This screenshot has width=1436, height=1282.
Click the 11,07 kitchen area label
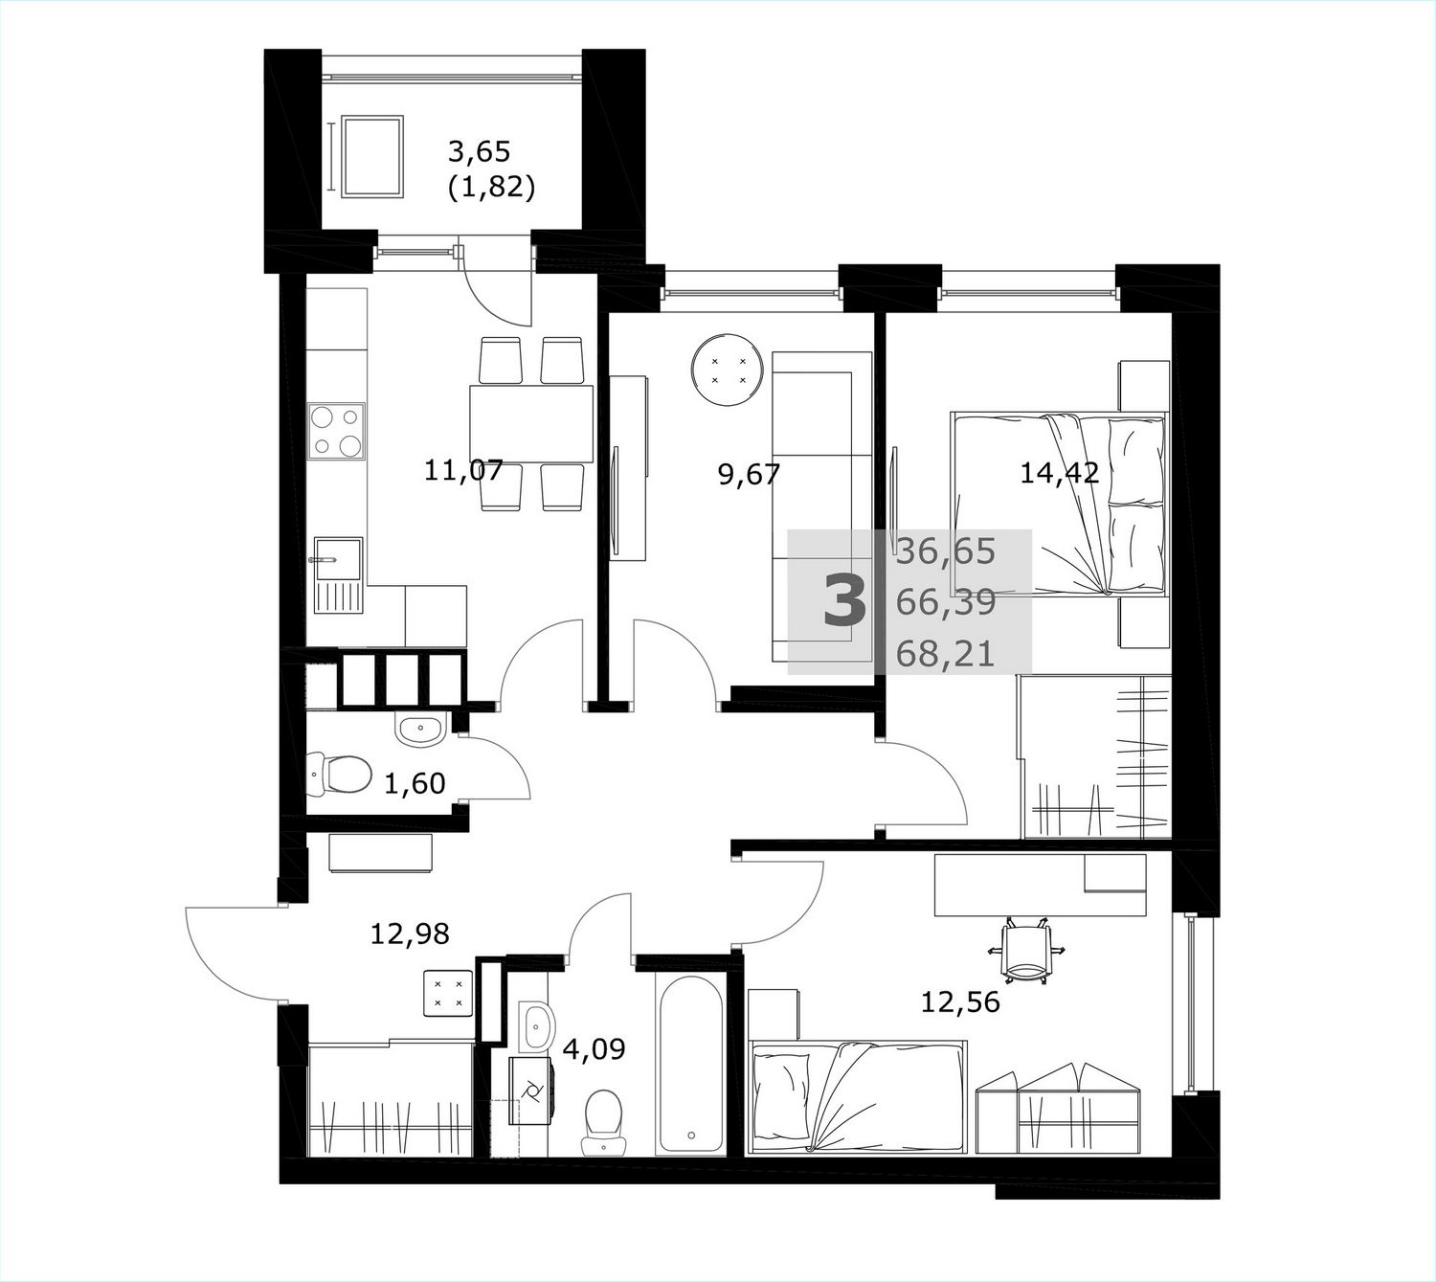coord(463,470)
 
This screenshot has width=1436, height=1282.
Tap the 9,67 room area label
coord(750,474)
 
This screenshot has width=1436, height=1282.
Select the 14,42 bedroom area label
coord(1060,472)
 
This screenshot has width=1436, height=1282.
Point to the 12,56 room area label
coord(960,1001)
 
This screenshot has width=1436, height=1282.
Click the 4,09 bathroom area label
coord(594,1048)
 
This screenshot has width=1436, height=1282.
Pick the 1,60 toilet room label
coord(415,783)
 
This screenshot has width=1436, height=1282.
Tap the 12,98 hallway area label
coord(411,933)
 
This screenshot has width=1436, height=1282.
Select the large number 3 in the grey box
coord(844,600)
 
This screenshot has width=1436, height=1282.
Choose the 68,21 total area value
coord(946,654)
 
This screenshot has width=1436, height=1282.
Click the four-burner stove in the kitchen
coord(337,432)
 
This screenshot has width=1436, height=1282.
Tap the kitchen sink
coord(338,575)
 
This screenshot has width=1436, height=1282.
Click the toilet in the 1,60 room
coord(340,775)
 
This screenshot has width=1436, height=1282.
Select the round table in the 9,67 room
coord(728,371)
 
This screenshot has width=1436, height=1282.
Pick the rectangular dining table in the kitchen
coord(531,424)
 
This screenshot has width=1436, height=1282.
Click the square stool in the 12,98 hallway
coord(448,994)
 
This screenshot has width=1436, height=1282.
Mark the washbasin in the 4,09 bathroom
coord(536,1026)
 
